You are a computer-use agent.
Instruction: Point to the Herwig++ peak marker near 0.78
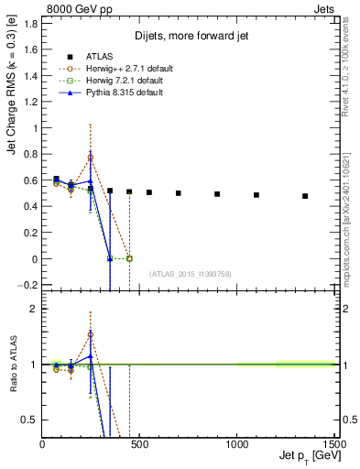point(90,158)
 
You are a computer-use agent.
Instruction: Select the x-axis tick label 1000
point(236,444)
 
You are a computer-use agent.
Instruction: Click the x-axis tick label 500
point(139,444)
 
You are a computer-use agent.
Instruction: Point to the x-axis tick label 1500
point(333,444)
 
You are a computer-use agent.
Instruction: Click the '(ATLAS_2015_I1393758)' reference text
point(189,274)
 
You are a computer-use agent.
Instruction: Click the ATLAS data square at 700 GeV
point(179,193)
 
